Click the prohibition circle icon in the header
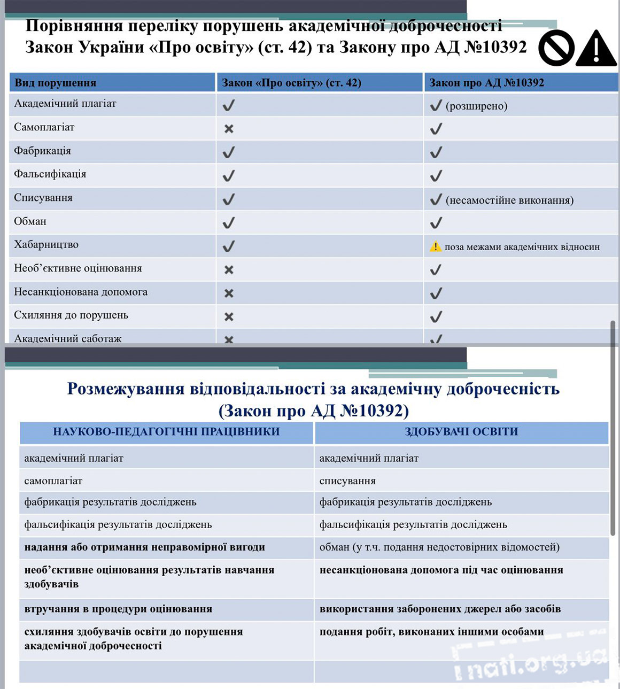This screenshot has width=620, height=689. [556, 48]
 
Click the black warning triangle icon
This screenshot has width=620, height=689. [596, 49]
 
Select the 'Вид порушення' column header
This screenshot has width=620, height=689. [56, 83]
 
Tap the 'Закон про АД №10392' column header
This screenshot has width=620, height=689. [487, 83]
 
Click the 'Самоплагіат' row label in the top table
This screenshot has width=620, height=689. [44, 127]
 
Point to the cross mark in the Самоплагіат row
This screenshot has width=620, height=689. [229, 129]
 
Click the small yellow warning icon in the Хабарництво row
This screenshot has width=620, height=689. [436, 246]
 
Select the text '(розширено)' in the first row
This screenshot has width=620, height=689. [476, 106]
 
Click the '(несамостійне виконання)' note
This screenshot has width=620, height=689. [509, 200]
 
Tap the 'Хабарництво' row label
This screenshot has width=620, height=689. [46, 245]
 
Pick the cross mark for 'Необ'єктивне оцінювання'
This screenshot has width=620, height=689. [229, 270]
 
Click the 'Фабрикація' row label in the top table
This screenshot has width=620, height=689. [43, 151]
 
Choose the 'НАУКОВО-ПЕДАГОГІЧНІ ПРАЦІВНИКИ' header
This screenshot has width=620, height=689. [166, 432]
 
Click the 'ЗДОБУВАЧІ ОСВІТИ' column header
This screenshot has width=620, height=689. [461, 432]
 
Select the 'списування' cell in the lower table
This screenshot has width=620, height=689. [347, 481]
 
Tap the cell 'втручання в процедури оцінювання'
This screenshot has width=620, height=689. [118, 609]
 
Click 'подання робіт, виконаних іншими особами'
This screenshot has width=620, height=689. [431, 632]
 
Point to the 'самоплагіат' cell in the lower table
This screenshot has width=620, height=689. [53, 481]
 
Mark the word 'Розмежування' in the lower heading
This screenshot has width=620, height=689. [126, 389]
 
